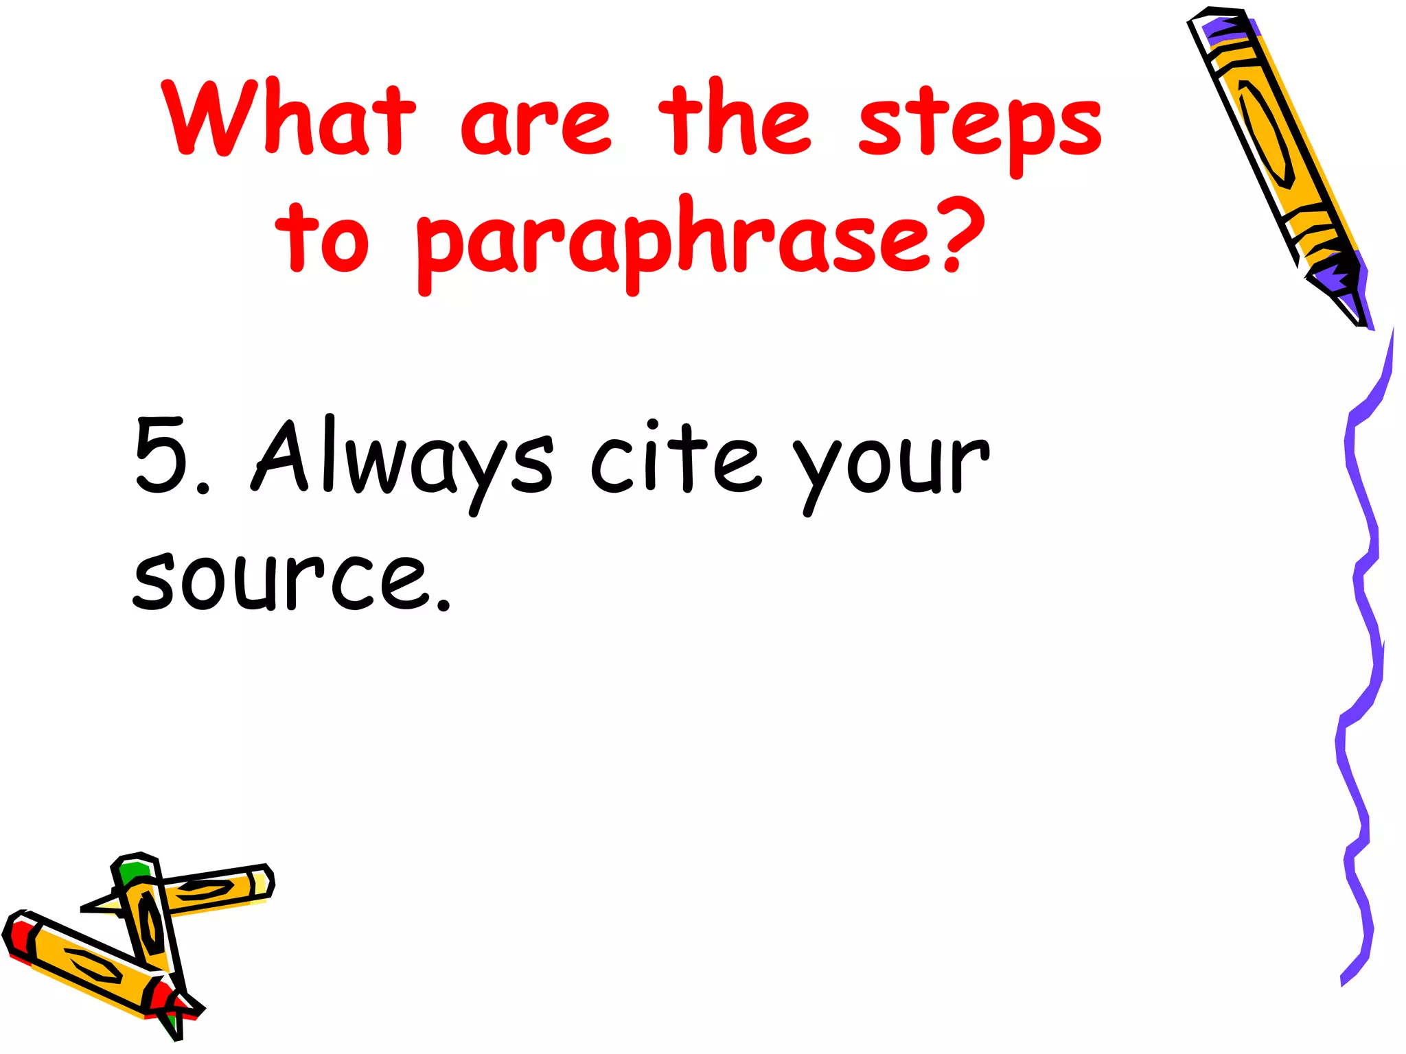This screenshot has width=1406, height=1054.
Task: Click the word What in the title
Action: pyautogui.click(x=289, y=118)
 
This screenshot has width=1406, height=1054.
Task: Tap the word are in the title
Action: pyautogui.click(x=535, y=125)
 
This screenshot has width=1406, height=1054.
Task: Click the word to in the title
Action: pyautogui.click(x=322, y=237)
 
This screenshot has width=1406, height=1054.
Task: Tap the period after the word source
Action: pyautogui.click(x=443, y=605)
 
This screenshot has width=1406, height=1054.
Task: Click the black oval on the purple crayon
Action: pyautogui.click(x=1267, y=134)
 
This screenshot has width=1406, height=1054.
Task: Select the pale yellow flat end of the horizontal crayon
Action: pyautogui.click(x=262, y=882)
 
